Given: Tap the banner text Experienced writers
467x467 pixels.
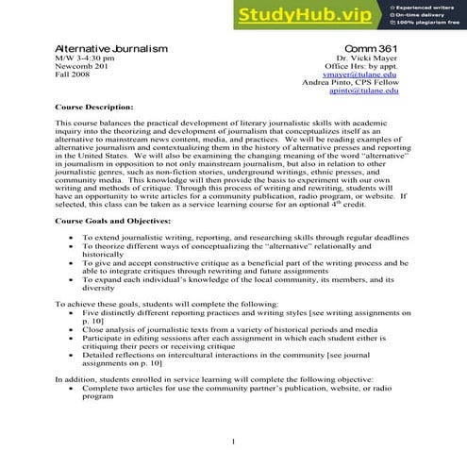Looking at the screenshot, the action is pos(429,8).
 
